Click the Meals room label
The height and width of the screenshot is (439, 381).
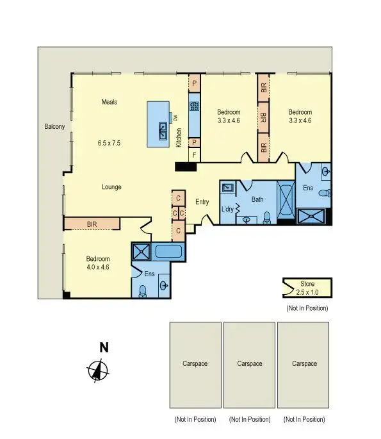click(109, 101)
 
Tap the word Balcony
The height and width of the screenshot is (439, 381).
click(54, 127)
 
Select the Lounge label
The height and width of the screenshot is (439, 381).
click(111, 187)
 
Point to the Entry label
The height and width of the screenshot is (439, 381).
click(202, 202)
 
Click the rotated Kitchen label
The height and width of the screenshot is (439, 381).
click(179, 138)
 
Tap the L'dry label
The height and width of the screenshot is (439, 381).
click(227, 210)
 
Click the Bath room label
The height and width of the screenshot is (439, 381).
click(257, 199)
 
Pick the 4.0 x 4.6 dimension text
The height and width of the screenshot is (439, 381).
click(98, 267)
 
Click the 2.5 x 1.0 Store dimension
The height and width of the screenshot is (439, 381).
click(307, 292)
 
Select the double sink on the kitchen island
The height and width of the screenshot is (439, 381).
click(163, 126)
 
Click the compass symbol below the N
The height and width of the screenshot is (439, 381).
click(97, 370)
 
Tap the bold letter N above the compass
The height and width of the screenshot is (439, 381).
click(103, 348)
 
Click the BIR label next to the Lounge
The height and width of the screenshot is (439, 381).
click(92, 224)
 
